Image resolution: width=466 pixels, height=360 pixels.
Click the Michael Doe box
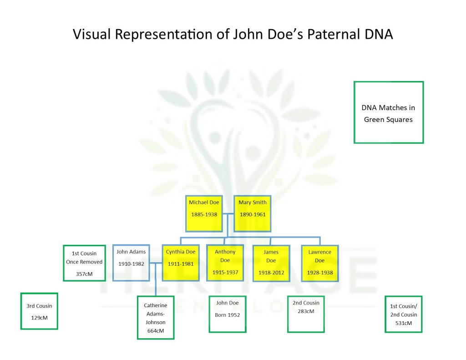204,213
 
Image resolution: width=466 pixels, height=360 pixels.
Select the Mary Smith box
252,213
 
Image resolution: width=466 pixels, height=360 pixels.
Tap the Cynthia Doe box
180,263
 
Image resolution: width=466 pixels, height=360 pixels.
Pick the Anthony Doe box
225,263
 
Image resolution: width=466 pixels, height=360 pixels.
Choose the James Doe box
271,263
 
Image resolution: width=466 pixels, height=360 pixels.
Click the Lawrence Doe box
320,263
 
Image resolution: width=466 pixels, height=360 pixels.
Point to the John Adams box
131,263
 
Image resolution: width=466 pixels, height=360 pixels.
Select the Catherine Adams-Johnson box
156,318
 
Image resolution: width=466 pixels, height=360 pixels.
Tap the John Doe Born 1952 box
228,314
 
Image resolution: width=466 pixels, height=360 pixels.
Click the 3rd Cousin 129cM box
39,311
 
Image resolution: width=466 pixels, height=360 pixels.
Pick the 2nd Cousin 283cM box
306,314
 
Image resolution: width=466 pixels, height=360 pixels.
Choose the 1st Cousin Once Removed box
84,263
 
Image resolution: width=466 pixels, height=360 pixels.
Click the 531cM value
403,323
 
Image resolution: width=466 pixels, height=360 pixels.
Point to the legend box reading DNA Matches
389,112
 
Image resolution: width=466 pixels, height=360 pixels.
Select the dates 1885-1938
204,214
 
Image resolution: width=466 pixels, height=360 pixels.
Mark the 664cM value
156,331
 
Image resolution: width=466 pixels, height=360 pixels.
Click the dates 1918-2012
271,273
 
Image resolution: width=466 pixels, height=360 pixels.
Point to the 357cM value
84,274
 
